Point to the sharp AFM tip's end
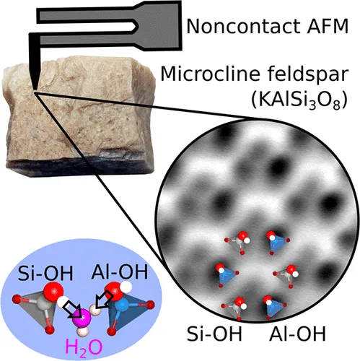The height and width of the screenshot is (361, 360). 35,90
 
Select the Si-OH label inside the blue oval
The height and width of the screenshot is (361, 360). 45,273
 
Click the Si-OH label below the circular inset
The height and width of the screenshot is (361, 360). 214,334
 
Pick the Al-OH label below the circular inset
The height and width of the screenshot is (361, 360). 298,334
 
